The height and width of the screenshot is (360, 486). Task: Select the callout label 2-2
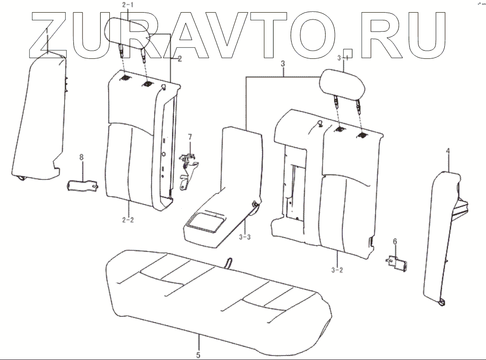point(128,219)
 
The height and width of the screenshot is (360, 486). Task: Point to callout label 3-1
point(344,58)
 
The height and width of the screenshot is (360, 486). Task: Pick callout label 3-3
point(245,237)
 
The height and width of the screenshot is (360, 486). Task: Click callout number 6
point(395,241)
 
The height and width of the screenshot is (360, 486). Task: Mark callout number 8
point(82,157)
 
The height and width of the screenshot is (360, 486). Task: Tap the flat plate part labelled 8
point(83,185)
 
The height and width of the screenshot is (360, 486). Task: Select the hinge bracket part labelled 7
point(189,168)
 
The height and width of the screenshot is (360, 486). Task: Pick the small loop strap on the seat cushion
point(228,263)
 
